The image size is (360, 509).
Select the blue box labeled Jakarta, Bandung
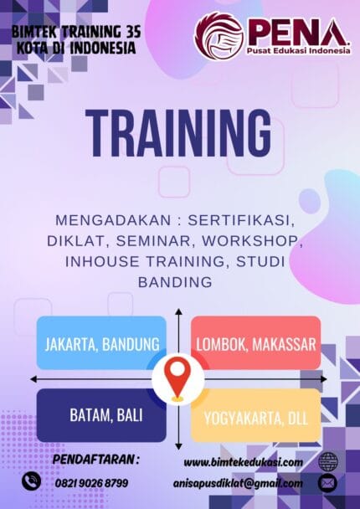point(102,343)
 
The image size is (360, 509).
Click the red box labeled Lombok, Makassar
point(256,343)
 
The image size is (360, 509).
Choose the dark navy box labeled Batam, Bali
point(102,414)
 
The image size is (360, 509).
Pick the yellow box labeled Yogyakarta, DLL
point(256,414)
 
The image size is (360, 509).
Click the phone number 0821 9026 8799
point(93,482)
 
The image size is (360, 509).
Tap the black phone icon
point(32,481)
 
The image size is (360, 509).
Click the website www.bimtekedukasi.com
point(243,462)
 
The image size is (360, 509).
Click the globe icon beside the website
point(327,461)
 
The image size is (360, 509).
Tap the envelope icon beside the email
point(327,483)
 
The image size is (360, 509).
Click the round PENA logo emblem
point(219,35)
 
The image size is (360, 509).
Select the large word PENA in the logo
point(297,32)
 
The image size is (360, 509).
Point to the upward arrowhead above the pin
point(178,313)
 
